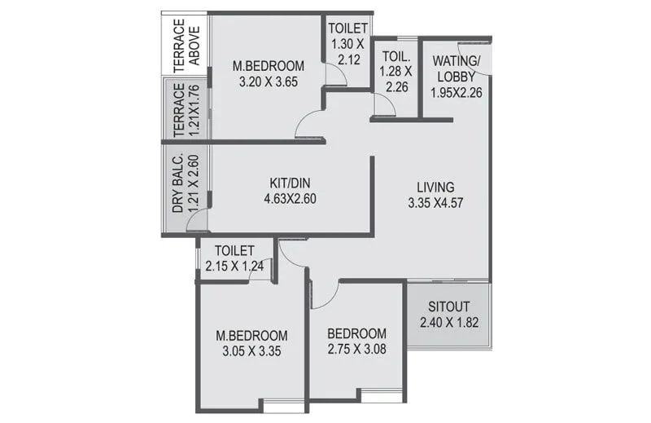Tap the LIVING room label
(x=430, y=186)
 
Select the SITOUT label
(x=449, y=306)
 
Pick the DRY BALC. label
(x=177, y=185)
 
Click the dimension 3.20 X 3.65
(x=268, y=82)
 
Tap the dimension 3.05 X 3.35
(x=251, y=351)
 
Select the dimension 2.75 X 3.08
(x=356, y=349)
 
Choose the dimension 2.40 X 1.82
(x=449, y=323)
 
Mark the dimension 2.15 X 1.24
(x=235, y=265)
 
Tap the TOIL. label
(x=395, y=57)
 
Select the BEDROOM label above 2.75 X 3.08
(x=356, y=333)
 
